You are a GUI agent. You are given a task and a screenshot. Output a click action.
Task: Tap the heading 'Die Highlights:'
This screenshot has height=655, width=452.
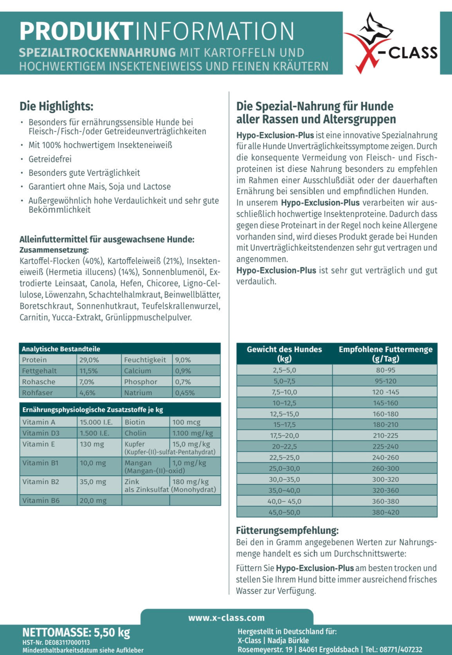tap(56, 106)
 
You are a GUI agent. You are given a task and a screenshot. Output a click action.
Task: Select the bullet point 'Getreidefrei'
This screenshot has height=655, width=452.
tap(50, 159)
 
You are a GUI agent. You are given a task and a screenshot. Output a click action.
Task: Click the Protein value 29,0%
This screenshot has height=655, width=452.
tap(89, 360)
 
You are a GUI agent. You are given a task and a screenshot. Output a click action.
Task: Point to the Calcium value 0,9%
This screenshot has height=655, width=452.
tap(183, 371)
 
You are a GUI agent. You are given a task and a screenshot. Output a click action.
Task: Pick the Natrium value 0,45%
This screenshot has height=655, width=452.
tap(185, 393)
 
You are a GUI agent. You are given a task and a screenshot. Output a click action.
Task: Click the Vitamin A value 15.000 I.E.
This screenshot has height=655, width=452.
tap(96, 422)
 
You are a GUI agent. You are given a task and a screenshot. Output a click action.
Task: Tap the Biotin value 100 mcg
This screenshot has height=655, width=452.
tap(186, 422)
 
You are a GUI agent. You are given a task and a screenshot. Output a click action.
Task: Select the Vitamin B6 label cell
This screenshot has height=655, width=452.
tap(41, 501)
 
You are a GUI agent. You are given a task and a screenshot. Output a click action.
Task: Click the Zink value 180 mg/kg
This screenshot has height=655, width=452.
tap(191, 482)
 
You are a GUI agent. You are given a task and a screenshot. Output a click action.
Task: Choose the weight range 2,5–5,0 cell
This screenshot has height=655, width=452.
tap(285, 370)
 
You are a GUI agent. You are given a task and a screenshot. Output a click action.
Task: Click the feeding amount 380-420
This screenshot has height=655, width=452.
tap(385, 512)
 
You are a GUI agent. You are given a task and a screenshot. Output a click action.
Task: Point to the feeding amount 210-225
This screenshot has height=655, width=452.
tap(385, 436)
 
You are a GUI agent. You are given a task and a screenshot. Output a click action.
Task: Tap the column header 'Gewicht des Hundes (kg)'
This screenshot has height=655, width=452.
tap(285, 354)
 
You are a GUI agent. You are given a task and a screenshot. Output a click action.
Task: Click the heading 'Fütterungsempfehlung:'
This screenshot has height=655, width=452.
tap(287, 531)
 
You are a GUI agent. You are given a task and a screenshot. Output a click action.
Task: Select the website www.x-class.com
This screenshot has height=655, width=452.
tap(227, 618)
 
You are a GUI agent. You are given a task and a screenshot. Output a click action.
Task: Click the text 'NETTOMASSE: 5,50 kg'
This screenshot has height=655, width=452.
tap(76, 632)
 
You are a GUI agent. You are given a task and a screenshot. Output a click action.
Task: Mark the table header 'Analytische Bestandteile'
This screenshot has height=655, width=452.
tap(61, 349)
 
